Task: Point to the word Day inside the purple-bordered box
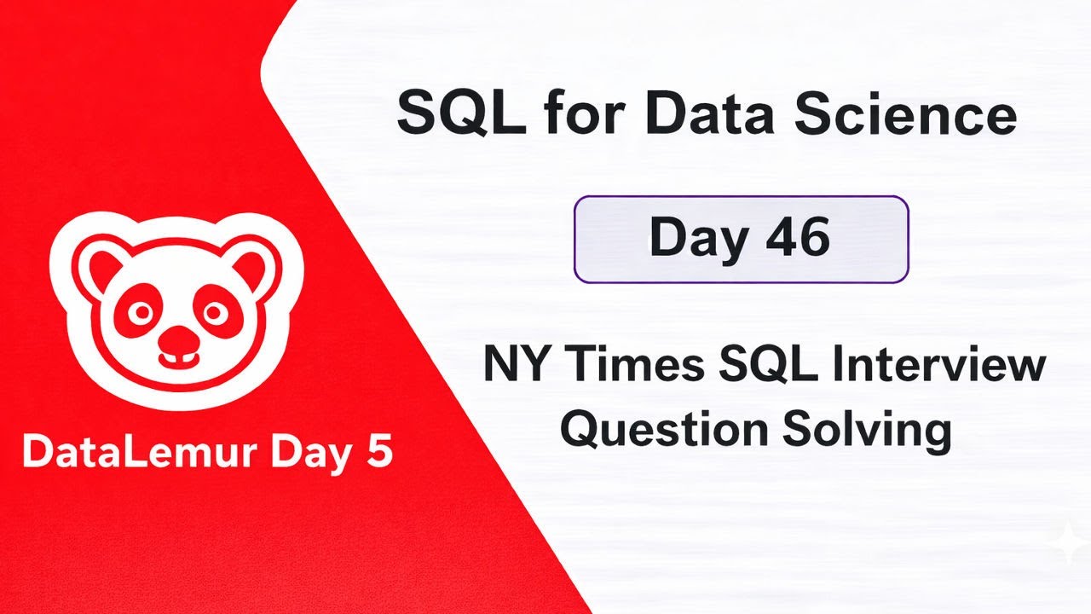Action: [691, 240]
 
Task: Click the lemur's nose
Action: [176, 343]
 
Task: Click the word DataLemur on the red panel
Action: [133, 453]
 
